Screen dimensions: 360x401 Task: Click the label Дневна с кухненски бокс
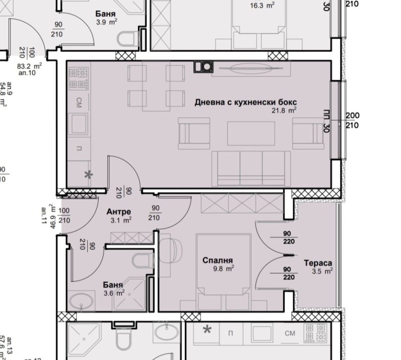click(x=242, y=102)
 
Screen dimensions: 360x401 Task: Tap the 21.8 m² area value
click(x=284, y=111)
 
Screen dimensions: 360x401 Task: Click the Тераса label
click(x=318, y=263)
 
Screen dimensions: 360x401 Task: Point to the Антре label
click(x=119, y=212)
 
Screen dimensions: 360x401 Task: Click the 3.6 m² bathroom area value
click(x=114, y=293)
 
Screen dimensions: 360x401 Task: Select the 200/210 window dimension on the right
click(x=352, y=120)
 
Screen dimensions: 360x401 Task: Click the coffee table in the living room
click(x=251, y=133)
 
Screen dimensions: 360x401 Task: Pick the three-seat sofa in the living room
click(x=251, y=167)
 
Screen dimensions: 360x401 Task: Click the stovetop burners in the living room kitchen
click(x=78, y=77)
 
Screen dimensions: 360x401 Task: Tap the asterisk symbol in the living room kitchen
click(x=88, y=175)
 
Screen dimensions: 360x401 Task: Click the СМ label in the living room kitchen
click(x=79, y=103)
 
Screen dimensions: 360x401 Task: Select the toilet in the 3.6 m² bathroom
click(x=141, y=261)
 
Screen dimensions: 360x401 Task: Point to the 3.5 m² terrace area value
click(x=323, y=271)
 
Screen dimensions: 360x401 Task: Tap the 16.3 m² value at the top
click(x=262, y=6)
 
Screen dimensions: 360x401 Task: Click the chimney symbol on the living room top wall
click(x=204, y=66)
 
